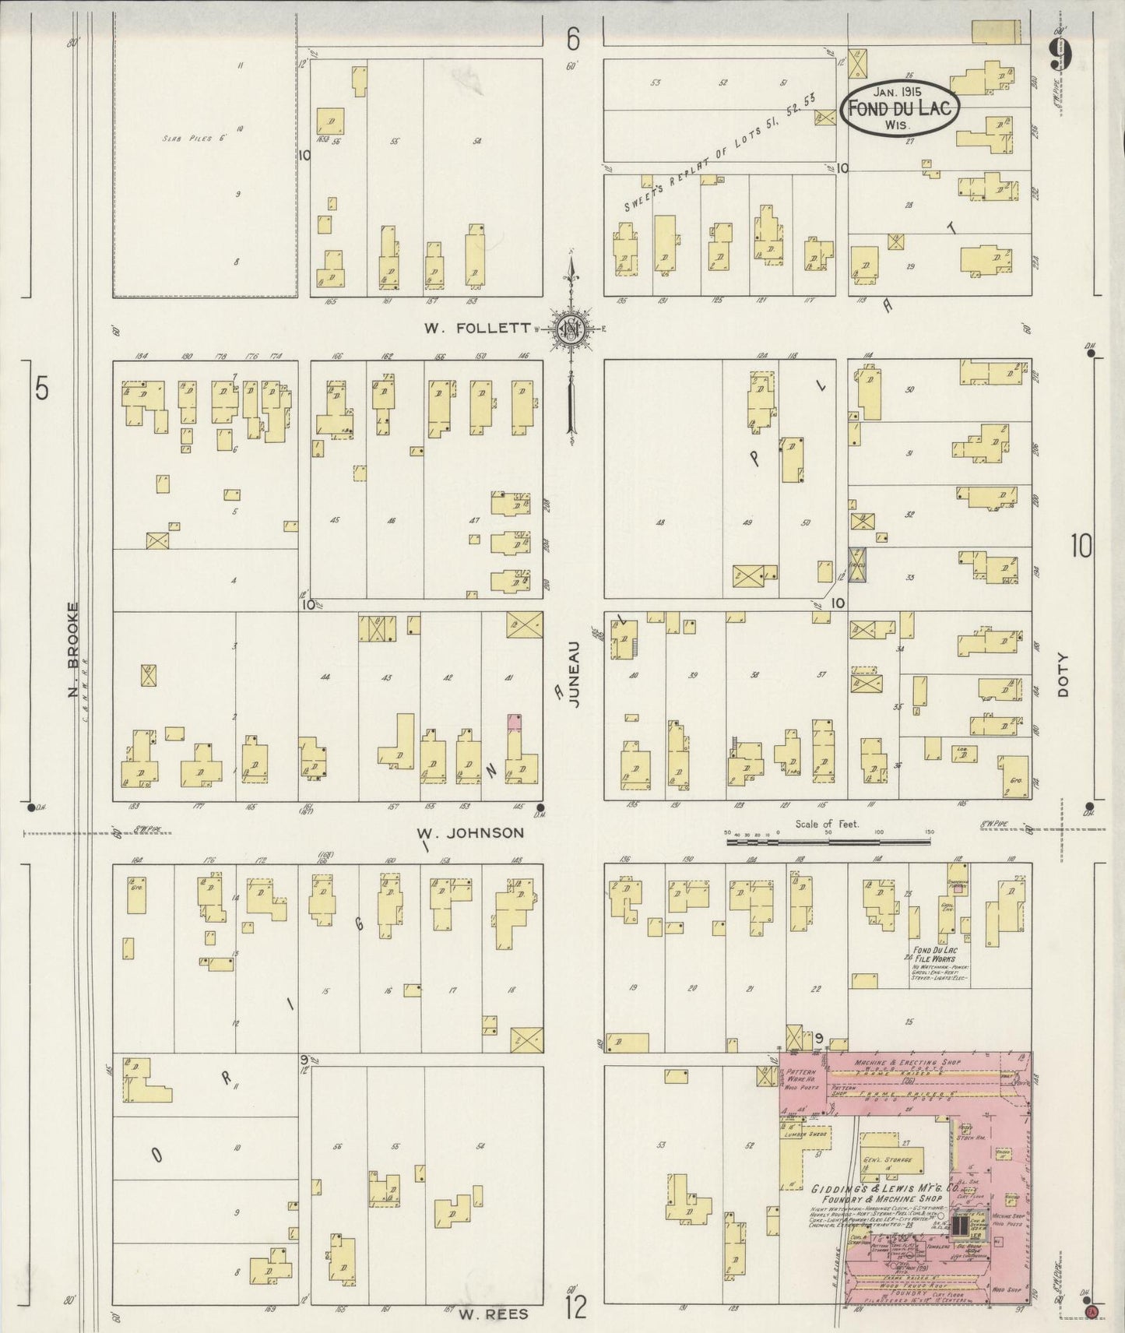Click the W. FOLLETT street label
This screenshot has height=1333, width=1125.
click(476, 329)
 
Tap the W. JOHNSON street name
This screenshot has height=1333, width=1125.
click(474, 833)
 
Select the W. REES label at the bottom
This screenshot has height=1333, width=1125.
click(493, 1314)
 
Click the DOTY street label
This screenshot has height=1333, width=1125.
click(1063, 674)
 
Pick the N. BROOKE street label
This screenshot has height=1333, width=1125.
click(73, 649)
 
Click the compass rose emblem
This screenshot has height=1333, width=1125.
click(573, 329)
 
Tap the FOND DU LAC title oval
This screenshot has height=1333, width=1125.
click(900, 107)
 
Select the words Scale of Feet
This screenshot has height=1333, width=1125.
click(826, 823)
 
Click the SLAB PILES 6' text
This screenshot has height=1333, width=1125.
click(194, 139)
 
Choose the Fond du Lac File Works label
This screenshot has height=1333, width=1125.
click(935, 955)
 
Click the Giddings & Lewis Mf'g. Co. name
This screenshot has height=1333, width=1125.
click(877, 1189)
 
